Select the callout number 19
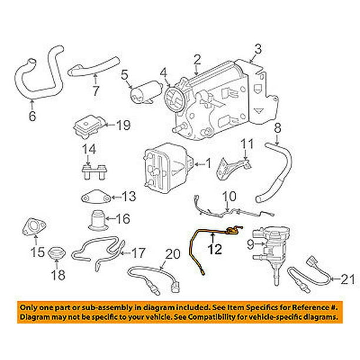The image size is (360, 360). pyautogui.click(x=122, y=125)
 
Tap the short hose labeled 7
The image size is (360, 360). pyautogui.click(x=95, y=68)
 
